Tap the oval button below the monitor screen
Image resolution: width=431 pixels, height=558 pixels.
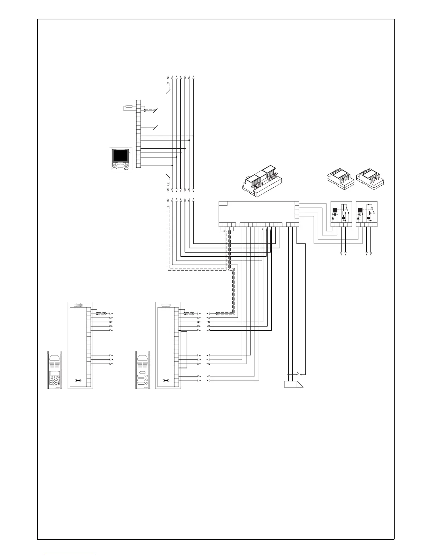pos(120,166)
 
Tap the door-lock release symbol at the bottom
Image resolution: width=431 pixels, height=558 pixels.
pos(293,384)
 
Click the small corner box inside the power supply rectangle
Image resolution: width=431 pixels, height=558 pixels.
pos(223,203)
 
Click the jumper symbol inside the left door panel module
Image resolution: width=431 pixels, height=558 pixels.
pos(78,380)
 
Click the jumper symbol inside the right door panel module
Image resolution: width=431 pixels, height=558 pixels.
pos(166,380)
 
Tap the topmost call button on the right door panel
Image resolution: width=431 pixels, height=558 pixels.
pos(143,372)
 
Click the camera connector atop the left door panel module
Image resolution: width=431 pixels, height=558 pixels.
pos(78,305)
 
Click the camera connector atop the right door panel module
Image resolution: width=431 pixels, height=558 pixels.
pos(166,305)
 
